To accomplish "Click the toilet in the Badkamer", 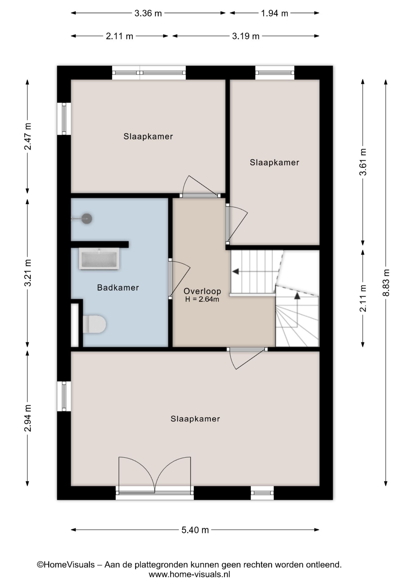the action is [x=94, y=324].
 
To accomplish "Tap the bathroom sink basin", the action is [x=99, y=258].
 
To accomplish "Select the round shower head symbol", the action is [x=87, y=218].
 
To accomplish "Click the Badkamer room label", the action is [x=118, y=287].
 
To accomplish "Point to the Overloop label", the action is [x=202, y=291].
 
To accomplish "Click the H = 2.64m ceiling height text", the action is [x=202, y=299].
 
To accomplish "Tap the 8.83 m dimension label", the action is [x=386, y=282].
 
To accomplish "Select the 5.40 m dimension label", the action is [x=195, y=530].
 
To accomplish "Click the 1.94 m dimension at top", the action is [x=275, y=13].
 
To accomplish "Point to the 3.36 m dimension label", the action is [x=148, y=13].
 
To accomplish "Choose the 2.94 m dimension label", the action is [x=28, y=418].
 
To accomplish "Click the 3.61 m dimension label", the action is [x=363, y=162].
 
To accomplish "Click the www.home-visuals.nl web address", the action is [x=189, y=574].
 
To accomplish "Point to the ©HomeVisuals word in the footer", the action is [x=66, y=565].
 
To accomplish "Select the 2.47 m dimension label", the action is [x=28, y=136].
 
